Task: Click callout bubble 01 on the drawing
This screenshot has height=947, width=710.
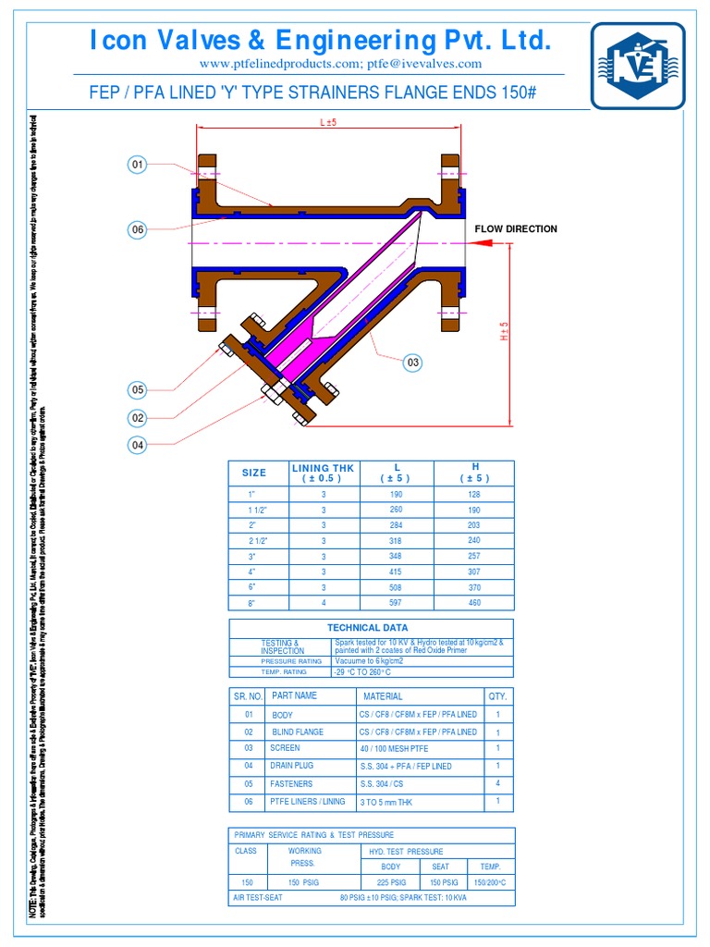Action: [137, 165]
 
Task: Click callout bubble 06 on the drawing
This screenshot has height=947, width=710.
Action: [137, 230]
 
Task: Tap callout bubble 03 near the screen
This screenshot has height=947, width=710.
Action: [412, 363]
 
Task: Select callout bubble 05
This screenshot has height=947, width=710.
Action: [137, 390]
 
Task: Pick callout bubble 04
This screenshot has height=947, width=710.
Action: [137, 445]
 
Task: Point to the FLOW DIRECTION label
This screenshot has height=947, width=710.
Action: [516, 228]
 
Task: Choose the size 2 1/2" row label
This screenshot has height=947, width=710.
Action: [254, 540]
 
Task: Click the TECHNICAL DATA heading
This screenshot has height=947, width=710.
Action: [370, 627]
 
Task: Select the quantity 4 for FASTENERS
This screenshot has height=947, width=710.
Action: [497, 782]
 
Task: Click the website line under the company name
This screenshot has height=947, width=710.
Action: [340, 63]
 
